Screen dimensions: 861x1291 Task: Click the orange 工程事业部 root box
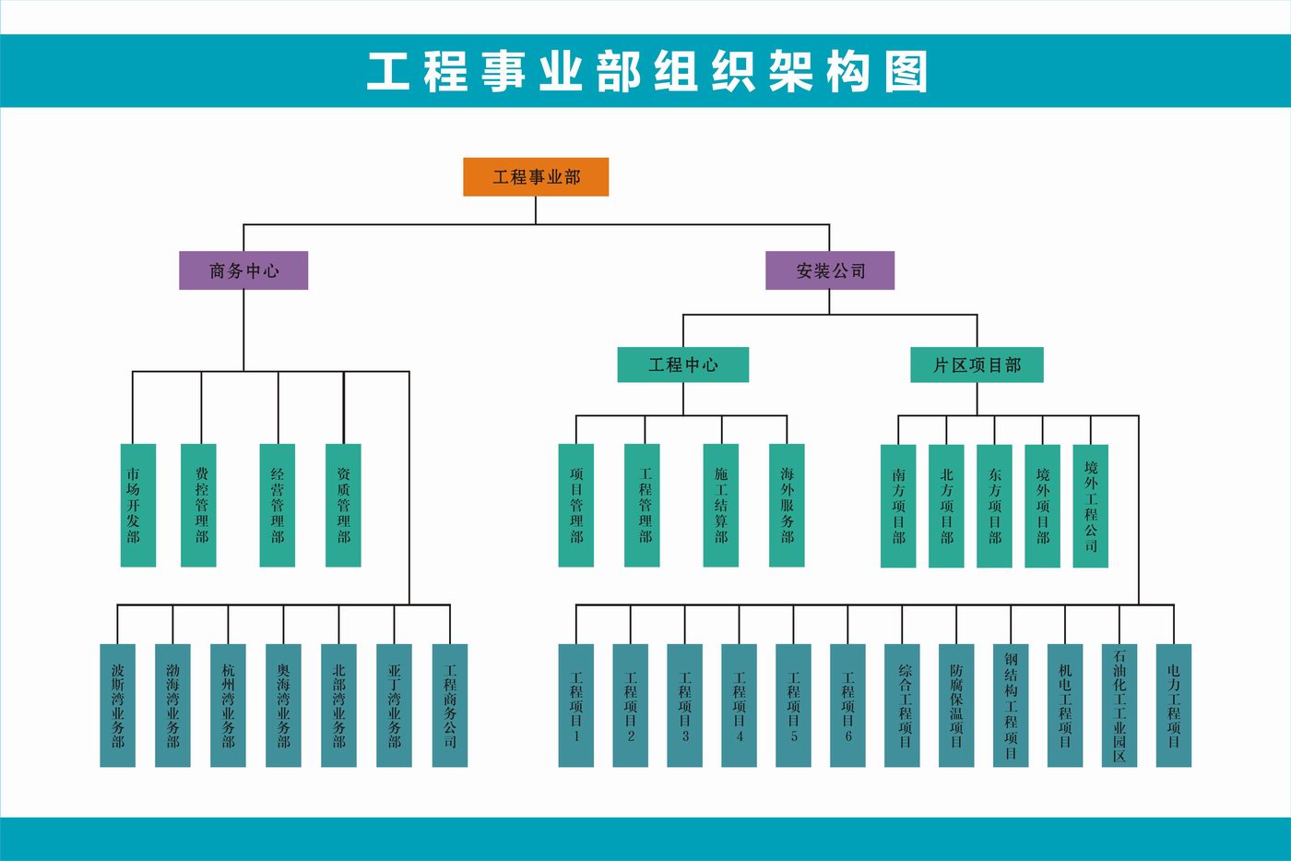[x=536, y=177]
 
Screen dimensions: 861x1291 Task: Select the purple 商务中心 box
[x=243, y=270]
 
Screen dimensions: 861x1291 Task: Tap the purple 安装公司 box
[x=830, y=270]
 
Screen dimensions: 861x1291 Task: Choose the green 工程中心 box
[x=682, y=365]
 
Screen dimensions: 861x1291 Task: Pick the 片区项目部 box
[x=977, y=365]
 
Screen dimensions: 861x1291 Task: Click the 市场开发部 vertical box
[x=138, y=505]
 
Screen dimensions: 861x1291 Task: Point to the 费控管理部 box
[x=199, y=505]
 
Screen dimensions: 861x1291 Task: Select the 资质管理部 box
[x=343, y=505]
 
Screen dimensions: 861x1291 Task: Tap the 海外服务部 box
[x=787, y=505]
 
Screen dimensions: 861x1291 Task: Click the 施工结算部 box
[x=720, y=505]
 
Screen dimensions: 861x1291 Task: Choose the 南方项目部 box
[x=898, y=506]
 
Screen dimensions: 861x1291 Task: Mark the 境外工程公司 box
[x=1090, y=506]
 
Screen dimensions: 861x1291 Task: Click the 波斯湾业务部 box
[x=118, y=705]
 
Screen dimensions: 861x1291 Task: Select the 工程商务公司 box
[x=450, y=705]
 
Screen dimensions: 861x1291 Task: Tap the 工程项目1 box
[x=576, y=705]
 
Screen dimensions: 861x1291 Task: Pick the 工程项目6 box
[x=848, y=705]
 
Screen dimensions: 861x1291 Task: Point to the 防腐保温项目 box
[x=956, y=705]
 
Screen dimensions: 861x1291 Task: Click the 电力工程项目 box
[x=1174, y=705]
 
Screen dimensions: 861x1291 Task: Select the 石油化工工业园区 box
[x=1119, y=705]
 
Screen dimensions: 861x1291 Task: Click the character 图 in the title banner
[x=906, y=72]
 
